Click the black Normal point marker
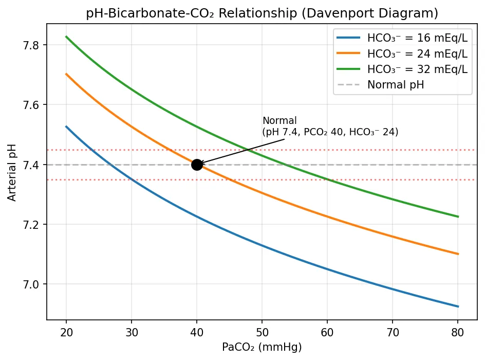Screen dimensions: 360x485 tap(197, 165)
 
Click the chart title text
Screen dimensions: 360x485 tap(262, 13)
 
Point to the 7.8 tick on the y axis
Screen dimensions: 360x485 tap(33, 45)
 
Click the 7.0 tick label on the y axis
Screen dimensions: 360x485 tap(33, 284)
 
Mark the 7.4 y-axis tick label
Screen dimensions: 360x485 tap(33, 165)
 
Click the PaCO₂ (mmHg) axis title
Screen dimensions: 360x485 tap(262, 347)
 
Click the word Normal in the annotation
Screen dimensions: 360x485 tap(279, 121)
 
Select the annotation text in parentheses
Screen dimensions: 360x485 tap(330, 132)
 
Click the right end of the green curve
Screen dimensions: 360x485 tap(458, 217)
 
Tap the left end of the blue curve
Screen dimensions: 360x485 tap(66, 127)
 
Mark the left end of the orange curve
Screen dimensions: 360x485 tap(66, 74)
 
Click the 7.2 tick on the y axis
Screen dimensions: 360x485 tap(33, 225)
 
